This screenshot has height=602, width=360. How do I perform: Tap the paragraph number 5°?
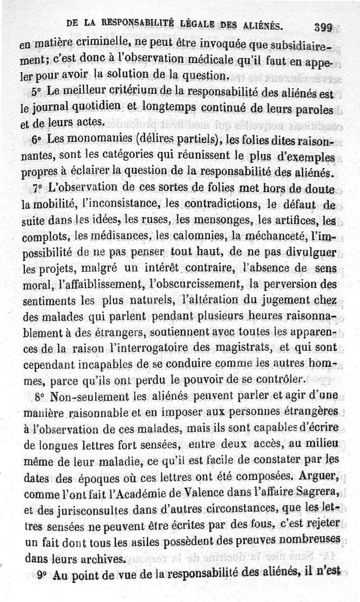pyautogui.click(x=37, y=90)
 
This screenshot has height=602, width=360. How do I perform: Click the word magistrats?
pyautogui.click(x=250, y=348)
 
